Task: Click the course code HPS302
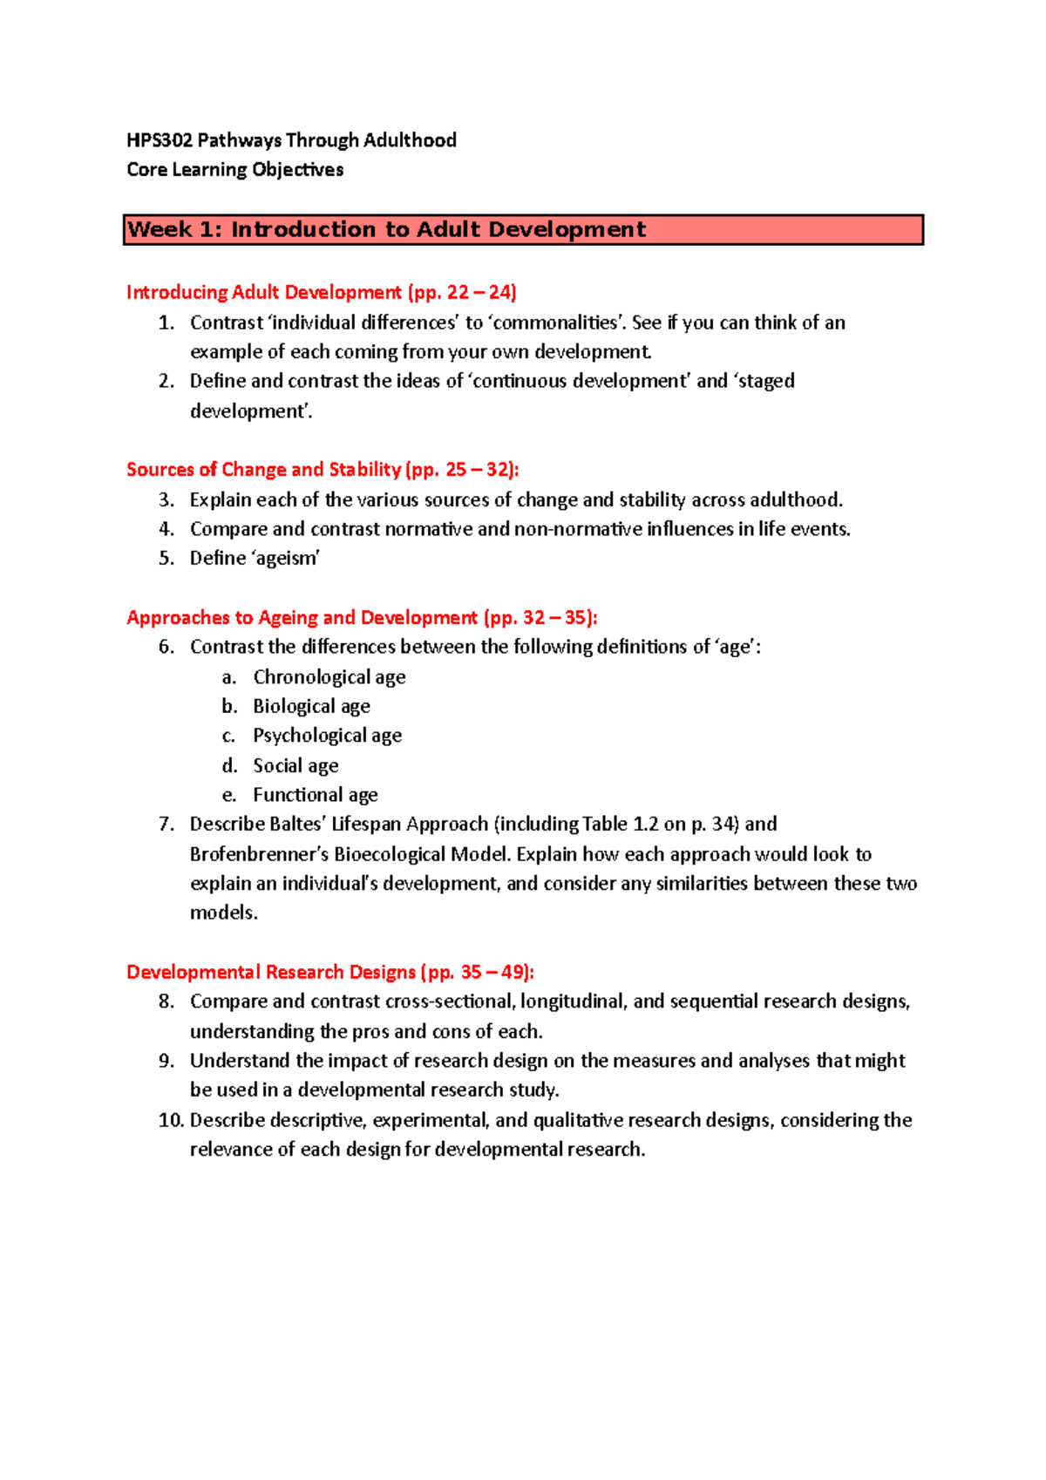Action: [x=159, y=140]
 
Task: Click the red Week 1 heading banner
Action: [x=523, y=230]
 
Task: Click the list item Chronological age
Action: [x=329, y=677]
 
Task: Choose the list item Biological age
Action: [x=311, y=707]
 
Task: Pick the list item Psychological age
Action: [x=327, y=736]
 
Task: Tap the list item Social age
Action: [x=295, y=766]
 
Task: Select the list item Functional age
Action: [x=315, y=795]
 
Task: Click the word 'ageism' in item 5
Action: [x=286, y=559]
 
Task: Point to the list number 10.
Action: [x=171, y=1120]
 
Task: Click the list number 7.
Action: [x=166, y=825]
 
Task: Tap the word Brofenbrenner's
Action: [x=259, y=854]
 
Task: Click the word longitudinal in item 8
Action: [x=572, y=1001]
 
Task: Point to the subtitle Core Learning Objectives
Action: [x=234, y=170]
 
